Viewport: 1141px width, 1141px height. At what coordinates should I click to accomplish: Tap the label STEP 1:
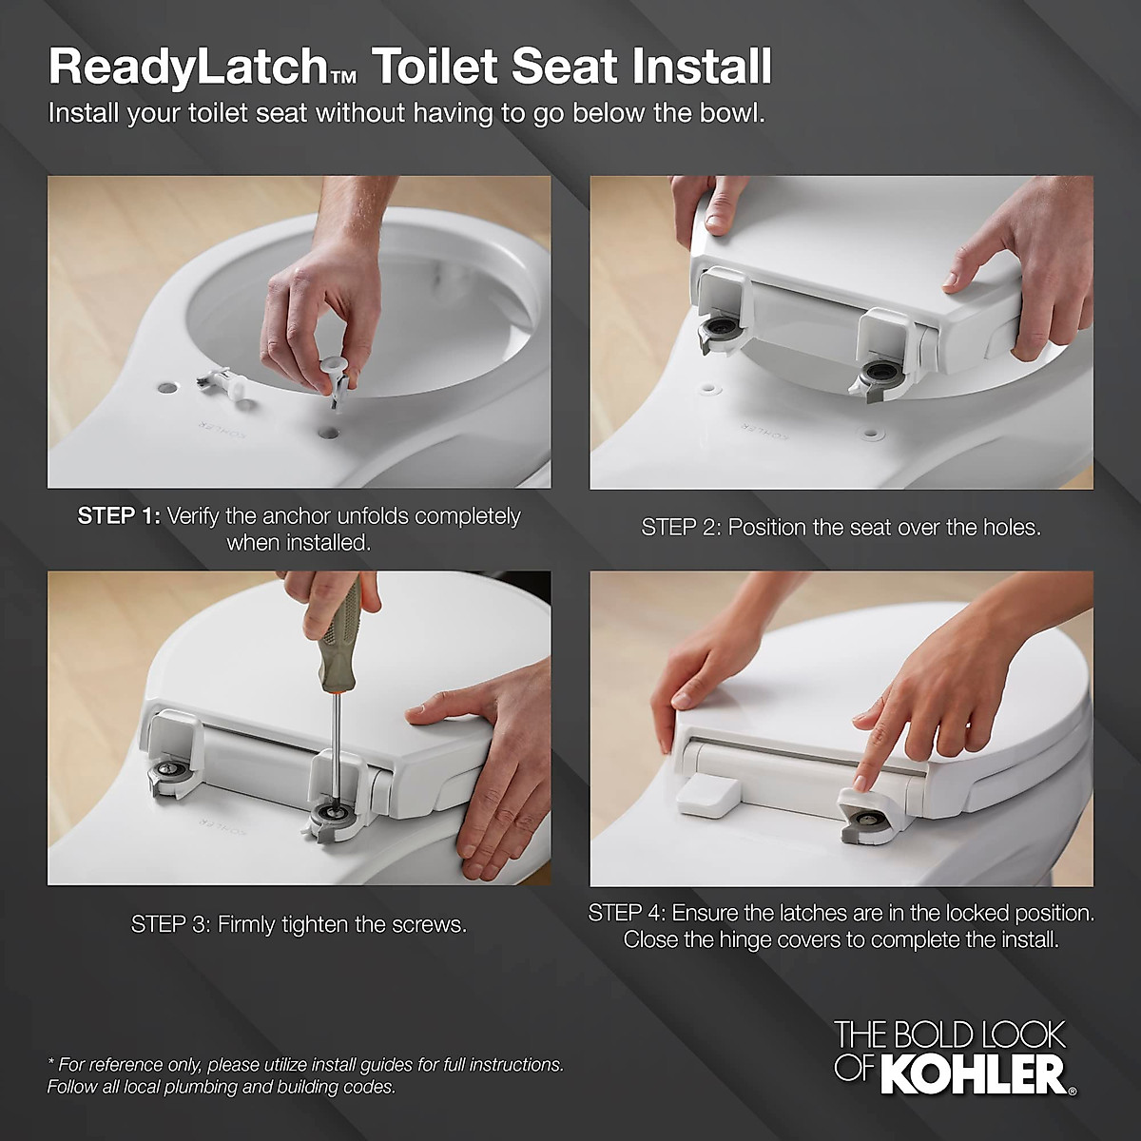pos(119,516)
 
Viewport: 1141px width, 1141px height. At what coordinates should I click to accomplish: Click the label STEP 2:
pos(681,528)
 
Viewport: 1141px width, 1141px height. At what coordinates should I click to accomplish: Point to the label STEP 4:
pos(627,914)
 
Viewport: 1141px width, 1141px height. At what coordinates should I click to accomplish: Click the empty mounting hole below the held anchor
pos(329,432)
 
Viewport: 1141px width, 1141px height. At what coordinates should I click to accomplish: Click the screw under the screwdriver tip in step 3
pos(335,815)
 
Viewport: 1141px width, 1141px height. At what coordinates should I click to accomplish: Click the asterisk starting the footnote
pos(51,1063)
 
